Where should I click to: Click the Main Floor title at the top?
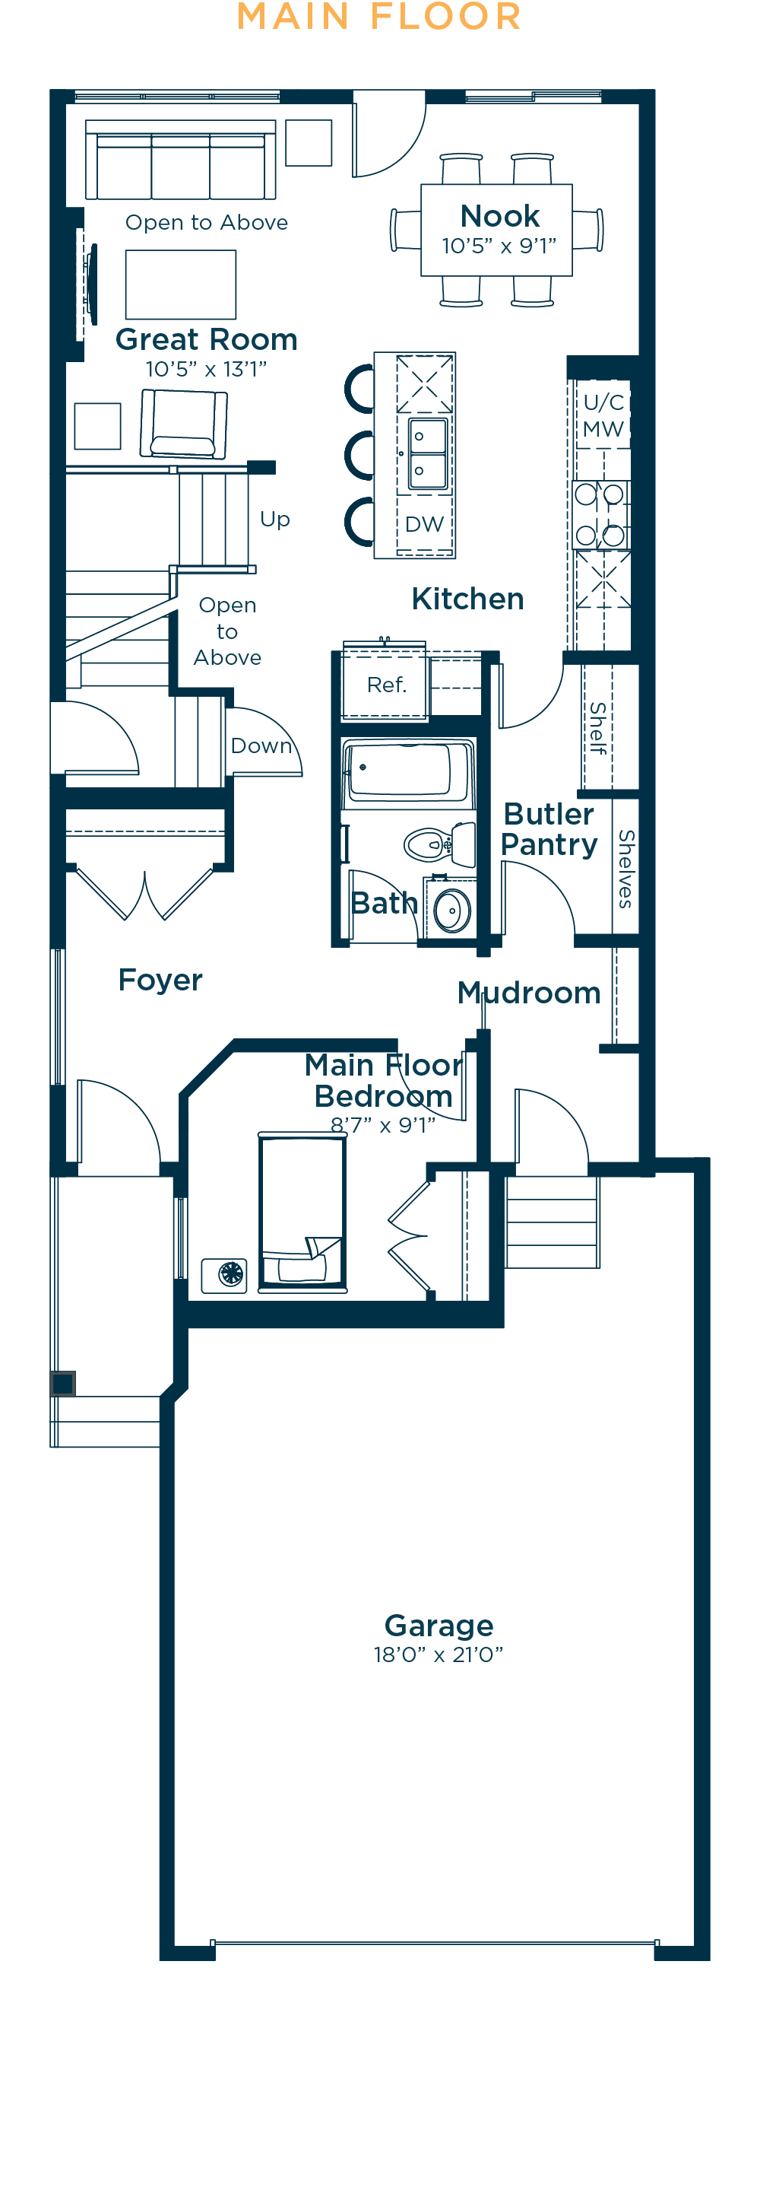pyautogui.click(x=379, y=16)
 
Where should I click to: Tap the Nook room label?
pyautogui.click(x=500, y=216)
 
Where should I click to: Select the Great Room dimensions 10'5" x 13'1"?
pyautogui.click(x=206, y=369)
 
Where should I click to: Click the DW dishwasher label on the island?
pyautogui.click(x=425, y=524)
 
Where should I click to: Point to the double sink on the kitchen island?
pyautogui.click(x=428, y=454)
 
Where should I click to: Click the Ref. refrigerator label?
pyautogui.click(x=387, y=685)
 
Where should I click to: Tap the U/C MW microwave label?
pyautogui.click(x=603, y=415)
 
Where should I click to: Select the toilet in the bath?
pyautogui.click(x=440, y=844)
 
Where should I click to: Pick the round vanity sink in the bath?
pyautogui.click(x=452, y=910)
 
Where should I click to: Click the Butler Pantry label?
pyautogui.click(x=549, y=829)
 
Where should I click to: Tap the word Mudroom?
pyautogui.click(x=529, y=993)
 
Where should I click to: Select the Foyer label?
pyautogui.click(x=160, y=980)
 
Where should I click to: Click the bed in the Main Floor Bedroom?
pyautogui.click(x=303, y=1211)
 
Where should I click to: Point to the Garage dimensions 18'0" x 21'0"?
pyautogui.click(x=439, y=1654)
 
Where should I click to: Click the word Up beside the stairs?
pyautogui.click(x=274, y=520)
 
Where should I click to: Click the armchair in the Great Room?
pyautogui.click(x=183, y=424)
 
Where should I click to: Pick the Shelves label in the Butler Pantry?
pyautogui.click(x=625, y=869)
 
